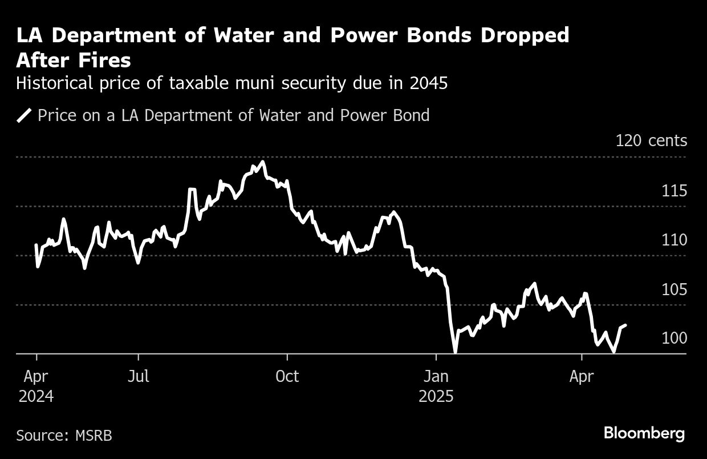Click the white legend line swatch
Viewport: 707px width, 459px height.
coord(24,116)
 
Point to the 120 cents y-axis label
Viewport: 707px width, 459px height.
coord(651,140)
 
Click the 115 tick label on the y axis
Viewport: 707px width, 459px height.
coord(674,191)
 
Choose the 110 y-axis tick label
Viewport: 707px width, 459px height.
coord(674,240)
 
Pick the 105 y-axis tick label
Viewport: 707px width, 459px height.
coord(674,290)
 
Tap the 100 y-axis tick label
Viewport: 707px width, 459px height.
coord(674,339)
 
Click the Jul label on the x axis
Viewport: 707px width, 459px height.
coord(139,377)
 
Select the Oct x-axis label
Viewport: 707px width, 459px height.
coord(287,377)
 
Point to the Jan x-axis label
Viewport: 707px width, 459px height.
coord(436,377)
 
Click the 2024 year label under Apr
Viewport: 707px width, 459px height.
coord(36,396)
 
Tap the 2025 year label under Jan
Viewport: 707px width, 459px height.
coord(436,396)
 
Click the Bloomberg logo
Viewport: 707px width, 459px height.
coord(644,434)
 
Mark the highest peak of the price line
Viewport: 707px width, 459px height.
coord(262,162)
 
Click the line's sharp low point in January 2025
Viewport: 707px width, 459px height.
coord(455,352)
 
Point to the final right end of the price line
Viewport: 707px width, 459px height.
coord(626,325)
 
